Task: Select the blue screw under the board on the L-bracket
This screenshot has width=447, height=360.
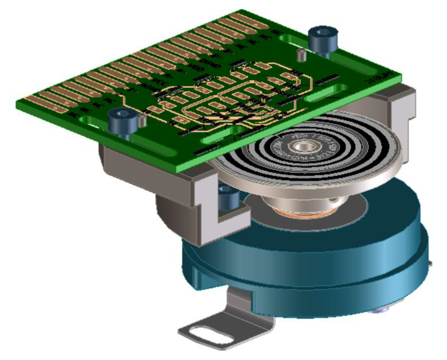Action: coord(229,198)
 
